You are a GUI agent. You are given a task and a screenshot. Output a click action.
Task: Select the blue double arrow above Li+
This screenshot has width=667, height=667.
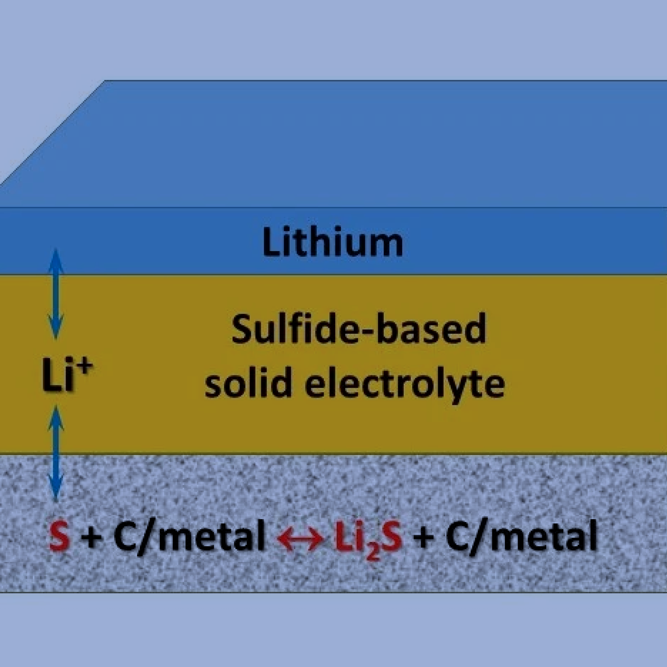coord(56,294)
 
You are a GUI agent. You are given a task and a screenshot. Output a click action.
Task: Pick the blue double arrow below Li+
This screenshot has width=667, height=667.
coord(56,454)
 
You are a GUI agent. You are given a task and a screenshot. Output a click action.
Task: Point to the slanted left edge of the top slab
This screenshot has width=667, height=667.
coord(52,133)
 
